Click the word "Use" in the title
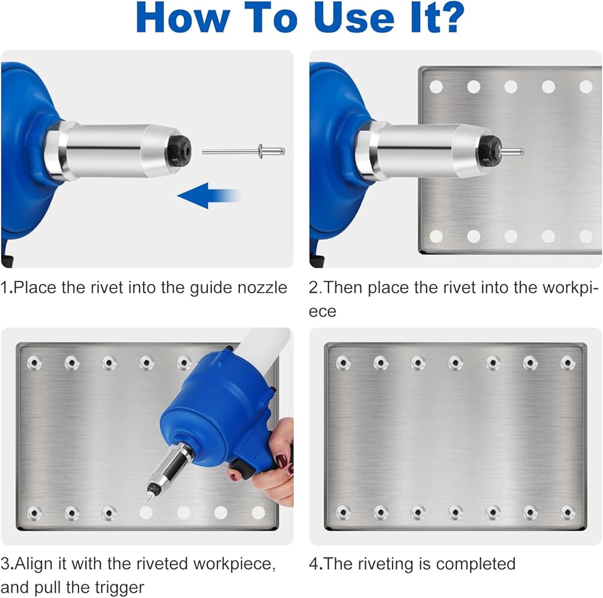click(354, 17)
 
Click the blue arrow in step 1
click(209, 196)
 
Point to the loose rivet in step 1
click(244, 151)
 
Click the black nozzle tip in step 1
click(180, 149)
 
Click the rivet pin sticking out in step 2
click(511, 151)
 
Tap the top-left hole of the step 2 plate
click(436, 87)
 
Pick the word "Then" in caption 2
click(343, 288)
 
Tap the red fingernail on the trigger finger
click(282, 460)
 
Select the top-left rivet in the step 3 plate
click(34, 363)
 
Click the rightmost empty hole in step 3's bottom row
click(258, 512)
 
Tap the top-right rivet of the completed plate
click(568, 363)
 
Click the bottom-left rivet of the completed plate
click(343, 512)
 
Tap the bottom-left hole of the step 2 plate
click(436, 236)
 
